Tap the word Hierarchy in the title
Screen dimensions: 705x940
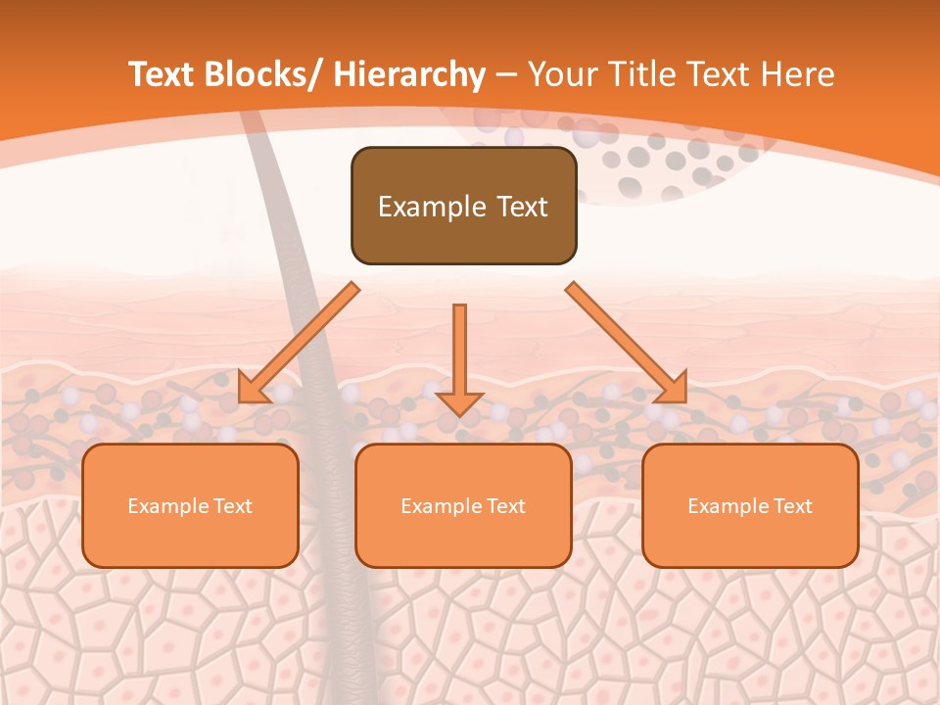[409, 75]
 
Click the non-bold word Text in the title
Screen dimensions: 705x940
[721, 74]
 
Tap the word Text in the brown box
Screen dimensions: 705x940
[520, 207]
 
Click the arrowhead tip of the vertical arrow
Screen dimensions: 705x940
[459, 414]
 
